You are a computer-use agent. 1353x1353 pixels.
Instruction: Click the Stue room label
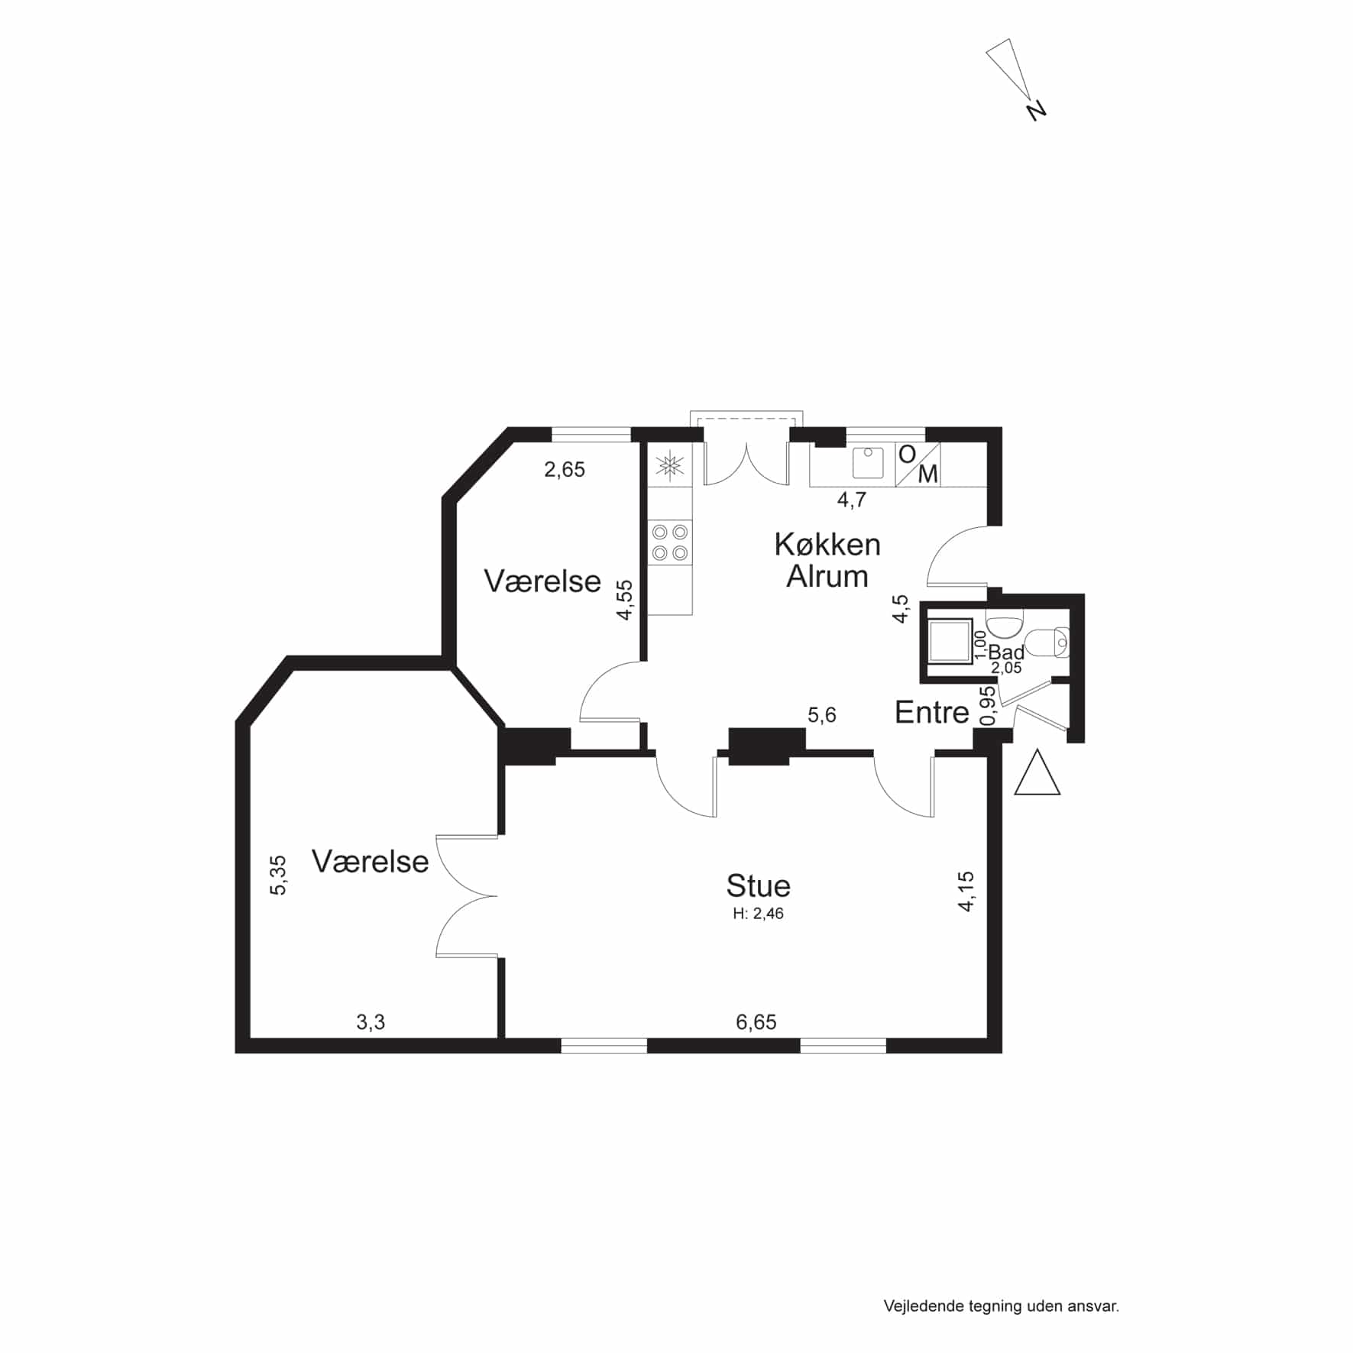coord(758,885)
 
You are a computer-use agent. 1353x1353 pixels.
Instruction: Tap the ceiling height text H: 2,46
coord(758,914)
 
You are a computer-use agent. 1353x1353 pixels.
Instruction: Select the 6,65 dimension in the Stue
coord(756,1022)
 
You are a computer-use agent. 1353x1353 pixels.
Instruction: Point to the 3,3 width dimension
coord(371,1022)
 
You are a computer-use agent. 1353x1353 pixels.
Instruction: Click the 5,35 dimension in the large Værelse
coord(279,875)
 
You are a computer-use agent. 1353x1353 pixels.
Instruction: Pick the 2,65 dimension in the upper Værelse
coord(565,470)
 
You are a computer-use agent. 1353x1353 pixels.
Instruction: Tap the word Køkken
coord(827,545)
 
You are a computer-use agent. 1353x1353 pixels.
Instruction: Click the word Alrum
coord(827,577)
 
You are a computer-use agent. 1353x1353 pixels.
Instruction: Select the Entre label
coord(932,713)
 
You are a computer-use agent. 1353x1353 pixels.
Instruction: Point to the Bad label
coord(1006,652)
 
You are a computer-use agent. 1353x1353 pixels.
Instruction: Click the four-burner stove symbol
coord(670,542)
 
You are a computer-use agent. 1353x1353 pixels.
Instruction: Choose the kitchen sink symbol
coord(868,463)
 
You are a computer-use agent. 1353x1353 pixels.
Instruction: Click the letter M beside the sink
coord(927,474)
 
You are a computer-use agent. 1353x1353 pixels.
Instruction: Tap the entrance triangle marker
coord(1037,772)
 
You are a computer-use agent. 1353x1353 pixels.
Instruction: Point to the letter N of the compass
coord(1037,111)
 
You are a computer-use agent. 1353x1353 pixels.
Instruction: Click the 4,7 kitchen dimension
coord(852,500)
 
